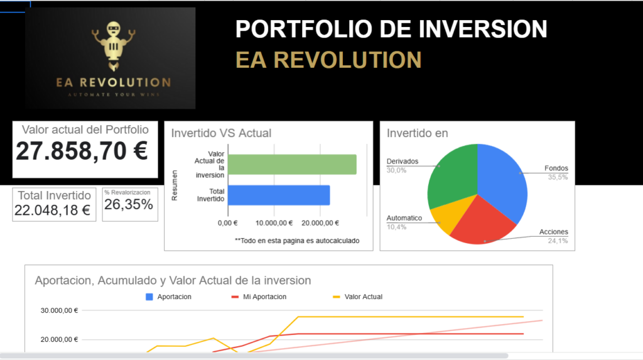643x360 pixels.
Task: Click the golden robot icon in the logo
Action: [x=113, y=46]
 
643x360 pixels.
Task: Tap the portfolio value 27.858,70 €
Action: [x=82, y=151]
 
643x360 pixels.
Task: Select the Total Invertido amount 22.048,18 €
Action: [x=52, y=210]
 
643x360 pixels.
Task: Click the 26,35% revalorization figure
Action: [x=128, y=204]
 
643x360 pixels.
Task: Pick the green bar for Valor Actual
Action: [x=292, y=164]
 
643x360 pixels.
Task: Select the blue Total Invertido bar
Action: [x=279, y=195]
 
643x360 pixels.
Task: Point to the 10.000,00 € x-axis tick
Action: [x=274, y=223]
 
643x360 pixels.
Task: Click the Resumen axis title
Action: [x=175, y=185]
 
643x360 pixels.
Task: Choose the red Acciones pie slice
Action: [x=482, y=222]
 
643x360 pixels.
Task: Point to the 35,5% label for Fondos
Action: [x=558, y=177]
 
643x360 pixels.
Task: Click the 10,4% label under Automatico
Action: [x=397, y=227]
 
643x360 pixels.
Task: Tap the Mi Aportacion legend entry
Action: [x=259, y=297]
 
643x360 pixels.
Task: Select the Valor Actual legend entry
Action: [x=357, y=297]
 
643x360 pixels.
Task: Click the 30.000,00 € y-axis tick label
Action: [x=59, y=310]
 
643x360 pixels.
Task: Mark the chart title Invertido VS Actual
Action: [x=221, y=133]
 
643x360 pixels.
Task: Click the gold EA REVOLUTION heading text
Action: [x=328, y=60]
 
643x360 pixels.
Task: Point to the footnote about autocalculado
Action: [x=297, y=241]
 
